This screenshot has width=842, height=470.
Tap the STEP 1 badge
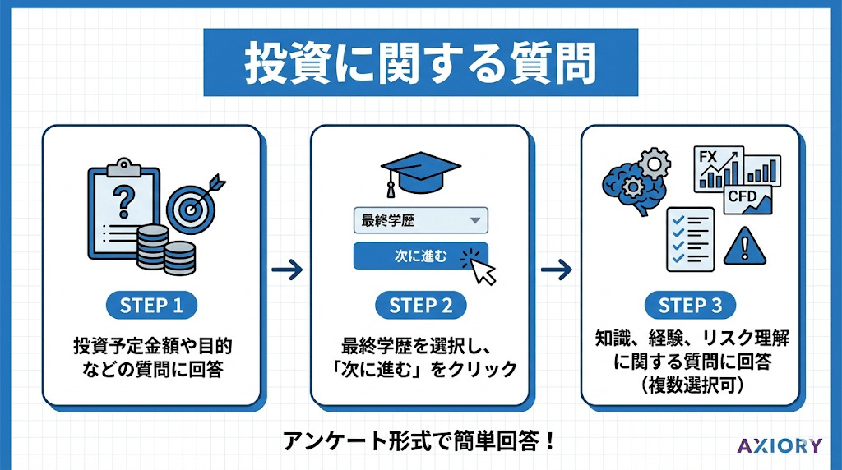coord(152,306)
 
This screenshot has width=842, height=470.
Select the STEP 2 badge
coord(420,306)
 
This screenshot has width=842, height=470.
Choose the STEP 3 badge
coord(690,306)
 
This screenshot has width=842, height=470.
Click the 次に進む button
coord(420,256)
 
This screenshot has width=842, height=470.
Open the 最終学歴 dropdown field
coord(420,220)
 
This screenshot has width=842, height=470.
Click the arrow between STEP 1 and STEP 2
coord(285,269)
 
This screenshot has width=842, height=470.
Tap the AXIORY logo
coord(779,446)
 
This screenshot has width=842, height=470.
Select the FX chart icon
coord(719,168)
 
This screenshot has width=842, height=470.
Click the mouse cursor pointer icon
coord(481,267)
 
